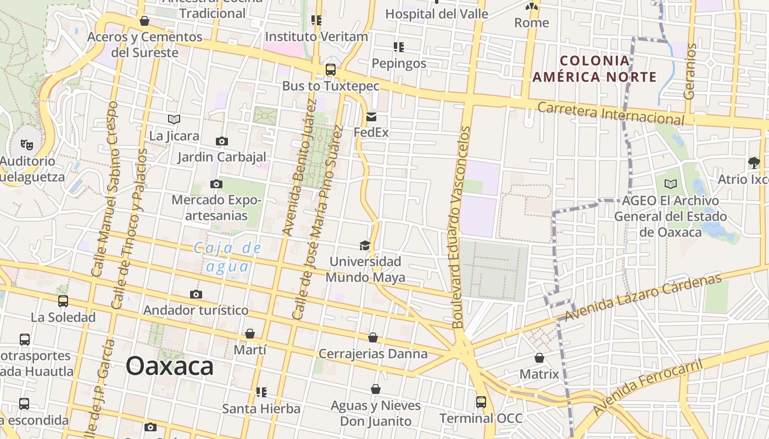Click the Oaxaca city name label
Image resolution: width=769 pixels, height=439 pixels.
point(169,366)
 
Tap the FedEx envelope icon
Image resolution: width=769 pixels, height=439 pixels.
point(371,117)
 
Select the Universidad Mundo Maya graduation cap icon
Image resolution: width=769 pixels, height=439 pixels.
point(365,245)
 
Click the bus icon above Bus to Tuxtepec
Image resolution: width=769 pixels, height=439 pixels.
point(330,70)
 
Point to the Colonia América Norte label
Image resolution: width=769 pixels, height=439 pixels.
point(594,69)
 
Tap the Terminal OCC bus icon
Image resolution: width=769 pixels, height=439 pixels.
point(481,402)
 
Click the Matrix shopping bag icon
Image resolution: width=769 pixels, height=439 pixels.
point(539,358)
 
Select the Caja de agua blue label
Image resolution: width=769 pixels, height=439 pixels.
point(227,257)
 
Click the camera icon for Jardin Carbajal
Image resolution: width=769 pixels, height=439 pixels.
point(221,142)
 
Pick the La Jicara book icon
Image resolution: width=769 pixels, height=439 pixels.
point(174,119)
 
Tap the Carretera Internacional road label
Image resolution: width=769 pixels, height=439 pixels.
point(611,114)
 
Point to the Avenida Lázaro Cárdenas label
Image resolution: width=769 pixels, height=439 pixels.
point(643,297)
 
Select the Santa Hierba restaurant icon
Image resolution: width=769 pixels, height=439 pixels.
point(261,392)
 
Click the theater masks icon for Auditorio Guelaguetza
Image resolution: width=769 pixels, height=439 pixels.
point(26,145)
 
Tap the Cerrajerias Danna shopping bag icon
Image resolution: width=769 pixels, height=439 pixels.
point(373,337)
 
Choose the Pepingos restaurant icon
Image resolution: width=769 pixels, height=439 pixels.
point(399,47)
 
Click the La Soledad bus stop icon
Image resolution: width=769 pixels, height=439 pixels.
point(63,301)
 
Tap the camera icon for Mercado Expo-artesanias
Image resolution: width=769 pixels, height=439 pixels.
point(216,184)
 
